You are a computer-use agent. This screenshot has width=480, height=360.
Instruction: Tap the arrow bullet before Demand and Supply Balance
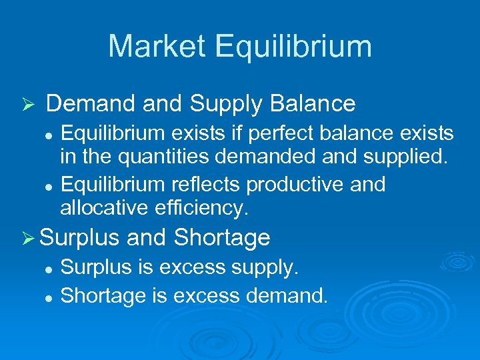[27, 105]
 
